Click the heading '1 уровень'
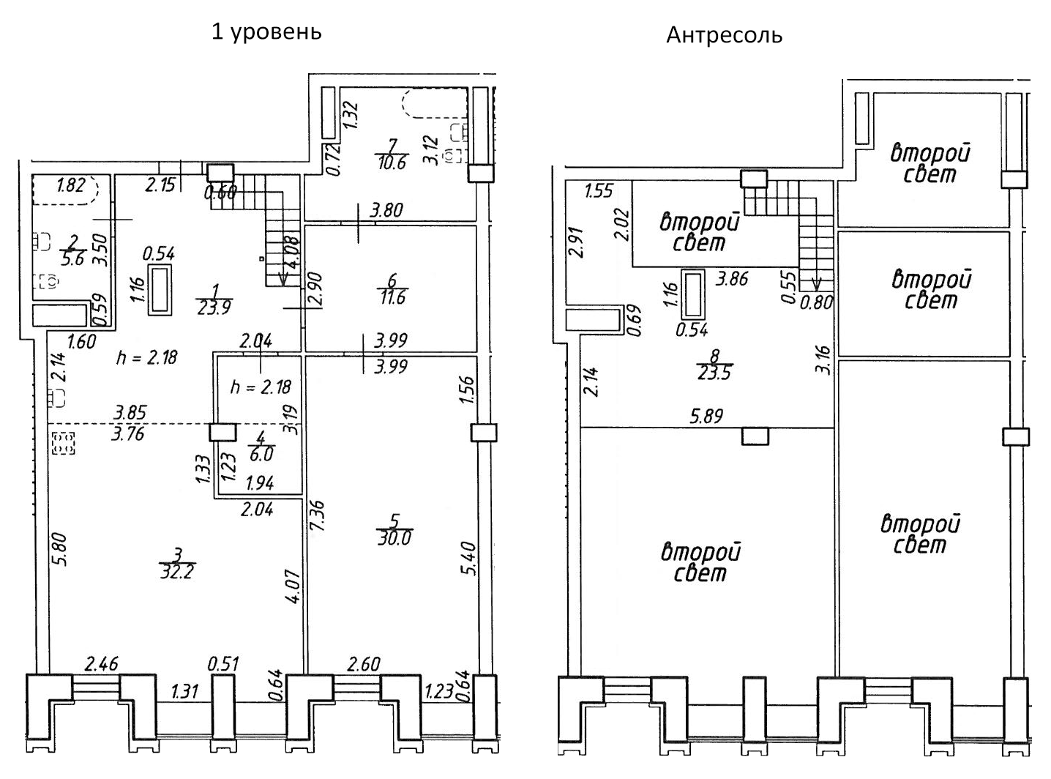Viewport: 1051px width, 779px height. point(266,32)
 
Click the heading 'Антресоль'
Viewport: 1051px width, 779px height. point(724,35)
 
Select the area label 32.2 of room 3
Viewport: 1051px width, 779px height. point(176,572)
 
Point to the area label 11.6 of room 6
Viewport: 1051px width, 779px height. point(391,298)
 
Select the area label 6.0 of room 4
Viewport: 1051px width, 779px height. point(261,454)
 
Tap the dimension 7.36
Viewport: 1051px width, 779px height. point(318,516)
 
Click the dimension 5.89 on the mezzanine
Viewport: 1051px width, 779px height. point(706,417)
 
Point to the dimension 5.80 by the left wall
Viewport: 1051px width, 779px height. point(61,549)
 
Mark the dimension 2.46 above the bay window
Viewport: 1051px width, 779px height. point(101,665)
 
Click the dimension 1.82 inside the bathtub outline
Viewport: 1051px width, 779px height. point(70,186)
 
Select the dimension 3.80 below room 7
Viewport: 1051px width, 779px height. point(386,212)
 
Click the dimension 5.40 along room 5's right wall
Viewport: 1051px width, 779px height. point(470,558)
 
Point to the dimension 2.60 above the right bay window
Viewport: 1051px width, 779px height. point(363,665)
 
